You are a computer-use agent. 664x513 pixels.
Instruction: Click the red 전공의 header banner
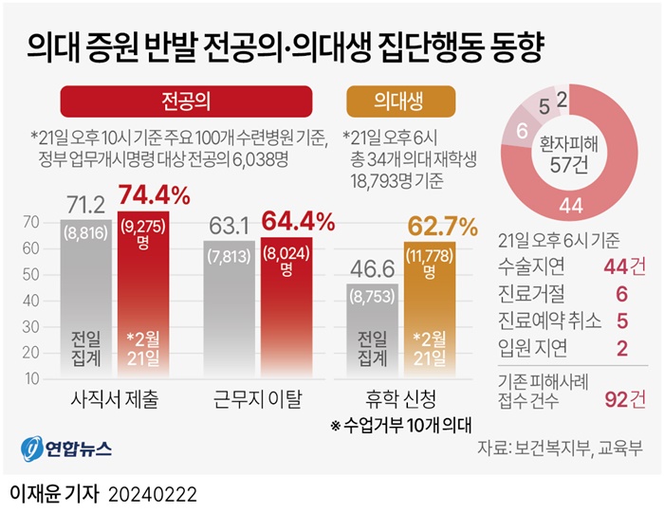(x=186, y=101)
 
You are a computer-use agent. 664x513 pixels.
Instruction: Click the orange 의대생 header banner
(x=399, y=101)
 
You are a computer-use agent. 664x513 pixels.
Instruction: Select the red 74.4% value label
(x=155, y=196)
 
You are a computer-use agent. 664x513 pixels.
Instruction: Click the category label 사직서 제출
(x=115, y=400)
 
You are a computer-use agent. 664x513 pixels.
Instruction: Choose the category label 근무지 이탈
(x=259, y=400)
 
